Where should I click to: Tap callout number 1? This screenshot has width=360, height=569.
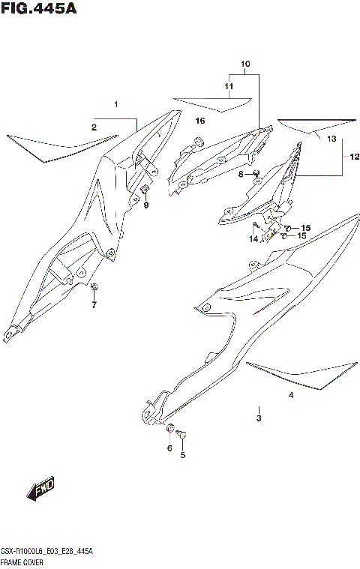pyautogui.click(x=116, y=103)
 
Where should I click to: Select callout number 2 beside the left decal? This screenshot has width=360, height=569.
pyautogui.click(x=94, y=127)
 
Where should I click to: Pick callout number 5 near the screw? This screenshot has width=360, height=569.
pyautogui.click(x=169, y=448)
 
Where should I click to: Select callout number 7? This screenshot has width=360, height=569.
pyautogui.click(x=241, y=175)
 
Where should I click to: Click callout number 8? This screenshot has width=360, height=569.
pyautogui.click(x=146, y=205)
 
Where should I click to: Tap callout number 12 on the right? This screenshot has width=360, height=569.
pyautogui.click(x=332, y=139)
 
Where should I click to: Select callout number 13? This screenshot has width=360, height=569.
pyautogui.click(x=253, y=238)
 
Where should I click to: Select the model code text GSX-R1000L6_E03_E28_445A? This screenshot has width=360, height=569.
pyautogui.click(x=46, y=551)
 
